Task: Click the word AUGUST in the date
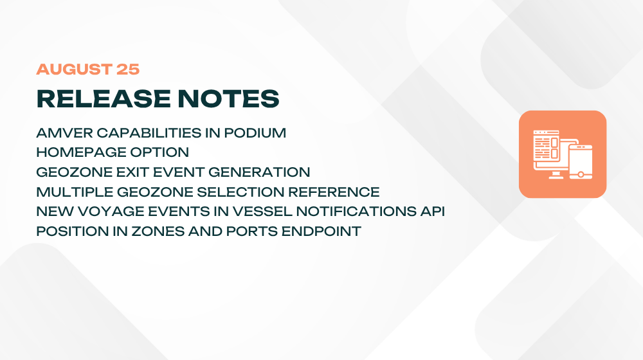point(74,69)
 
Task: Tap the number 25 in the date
point(128,69)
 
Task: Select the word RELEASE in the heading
point(104,99)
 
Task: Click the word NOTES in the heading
point(228,99)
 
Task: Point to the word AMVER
point(64,133)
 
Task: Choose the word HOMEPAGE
point(81,152)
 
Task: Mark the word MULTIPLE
point(75,192)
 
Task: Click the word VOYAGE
point(111,211)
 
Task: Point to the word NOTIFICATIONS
point(356,211)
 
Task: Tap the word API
point(433,211)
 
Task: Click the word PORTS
point(252,231)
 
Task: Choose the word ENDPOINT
point(321,231)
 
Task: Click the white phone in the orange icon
point(580,161)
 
